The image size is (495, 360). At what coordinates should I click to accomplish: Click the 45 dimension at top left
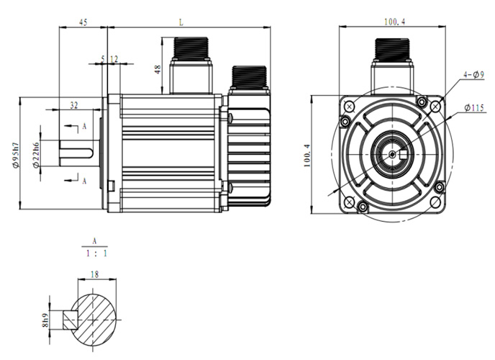tap(83, 23)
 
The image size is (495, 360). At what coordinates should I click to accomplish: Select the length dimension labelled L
tap(180, 22)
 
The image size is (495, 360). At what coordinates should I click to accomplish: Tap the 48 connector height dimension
tap(158, 70)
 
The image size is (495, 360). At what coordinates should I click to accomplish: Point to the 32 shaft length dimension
tap(73, 105)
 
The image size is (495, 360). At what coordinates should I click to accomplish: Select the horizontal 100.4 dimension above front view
tap(394, 22)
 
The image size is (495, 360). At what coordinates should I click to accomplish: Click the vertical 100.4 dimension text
tap(306, 155)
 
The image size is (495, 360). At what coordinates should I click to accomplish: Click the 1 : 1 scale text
tap(94, 253)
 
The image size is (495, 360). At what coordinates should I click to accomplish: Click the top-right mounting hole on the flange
tap(435, 106)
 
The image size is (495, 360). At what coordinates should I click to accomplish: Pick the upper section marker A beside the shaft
tap(84, 126)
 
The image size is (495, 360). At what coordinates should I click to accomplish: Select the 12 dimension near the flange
tap(114, 59)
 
